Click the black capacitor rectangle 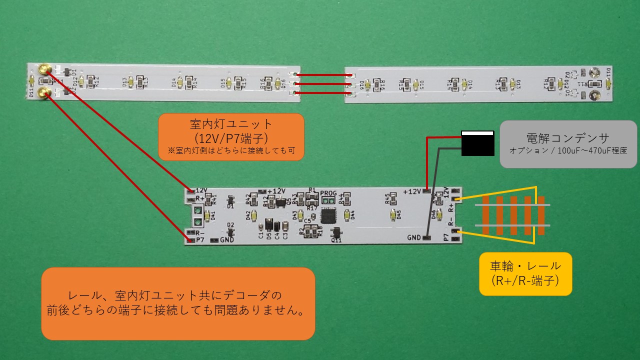(x=477, y=143)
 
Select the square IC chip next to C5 (x=329, y=215)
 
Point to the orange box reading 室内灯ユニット (x=231, y=136)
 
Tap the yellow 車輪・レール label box (x=525, y=273)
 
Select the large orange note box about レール (x=178, y=303)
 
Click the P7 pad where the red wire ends (x=190, y=240)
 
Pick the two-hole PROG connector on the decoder (x=328, y=201)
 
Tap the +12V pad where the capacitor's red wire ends (x=426, y=191)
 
